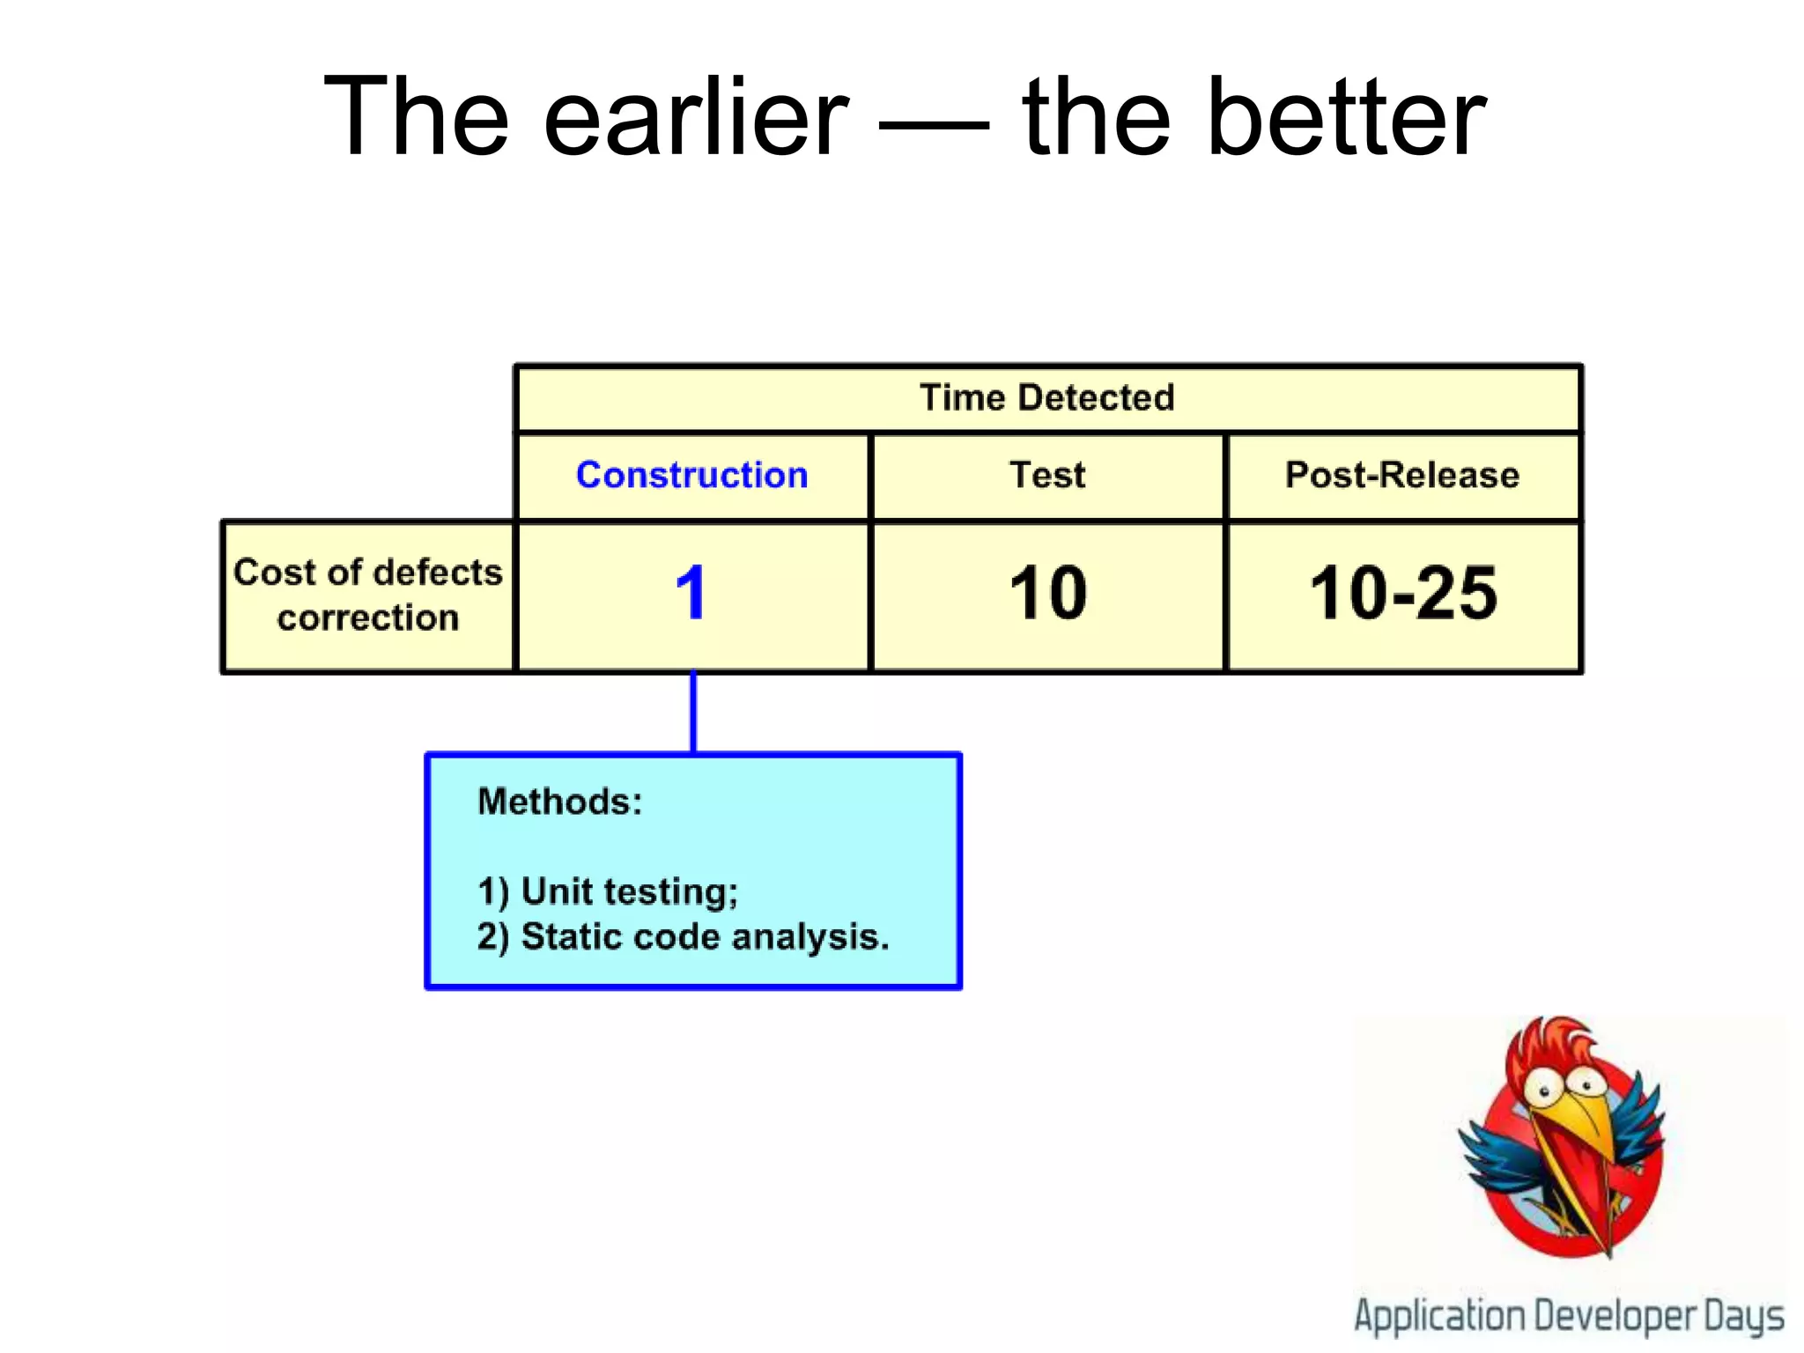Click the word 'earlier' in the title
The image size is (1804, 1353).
point(696,117)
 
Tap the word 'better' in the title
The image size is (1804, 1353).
point(1348,117)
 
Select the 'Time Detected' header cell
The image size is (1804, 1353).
point(1046,398)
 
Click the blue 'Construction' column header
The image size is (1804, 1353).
point(691,476)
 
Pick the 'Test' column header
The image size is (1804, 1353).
point(1046,476)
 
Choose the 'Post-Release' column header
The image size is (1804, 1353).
point(1401,476)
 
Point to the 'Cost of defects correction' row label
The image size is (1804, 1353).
point(367,595)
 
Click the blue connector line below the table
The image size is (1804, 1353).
point(693,712)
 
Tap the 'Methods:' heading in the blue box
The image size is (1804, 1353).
point(559,802)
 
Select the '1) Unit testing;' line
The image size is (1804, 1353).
point(608,891)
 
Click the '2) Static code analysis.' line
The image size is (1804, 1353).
point(683,936)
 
